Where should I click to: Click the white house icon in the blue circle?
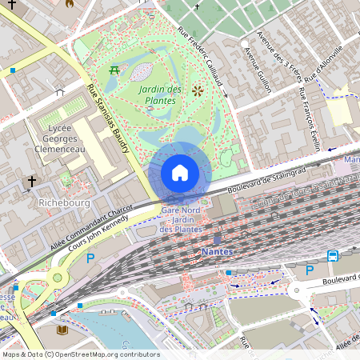pos(180,172)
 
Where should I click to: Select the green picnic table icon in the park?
pos(114,70)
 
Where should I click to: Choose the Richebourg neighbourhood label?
pos(63,203)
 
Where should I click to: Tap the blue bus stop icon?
pos(332,256)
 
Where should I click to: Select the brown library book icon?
pos(62,329)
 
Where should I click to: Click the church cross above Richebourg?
pos(32,182)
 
